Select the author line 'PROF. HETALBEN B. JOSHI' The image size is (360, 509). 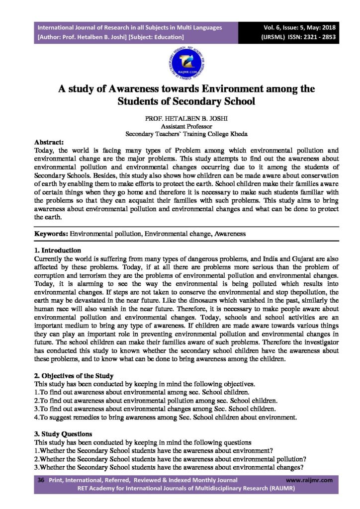point(180,119)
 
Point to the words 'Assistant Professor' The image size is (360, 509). point(180,127)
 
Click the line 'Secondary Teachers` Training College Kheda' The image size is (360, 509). point(180,134)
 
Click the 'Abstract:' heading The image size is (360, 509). point(49,142)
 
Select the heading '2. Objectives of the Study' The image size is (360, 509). point(74,375)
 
